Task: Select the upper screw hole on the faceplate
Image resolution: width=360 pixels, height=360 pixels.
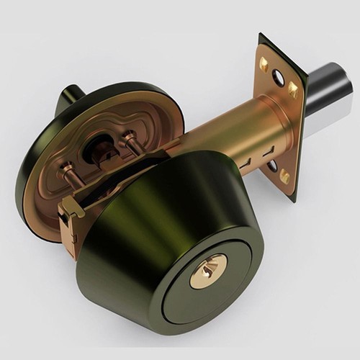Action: point(277,78)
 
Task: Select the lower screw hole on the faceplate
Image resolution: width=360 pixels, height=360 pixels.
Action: point(271,166)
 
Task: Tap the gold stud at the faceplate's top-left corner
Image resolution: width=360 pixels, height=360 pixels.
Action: point(264,63)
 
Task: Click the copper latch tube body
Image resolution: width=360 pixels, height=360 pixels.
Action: point(216,137)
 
